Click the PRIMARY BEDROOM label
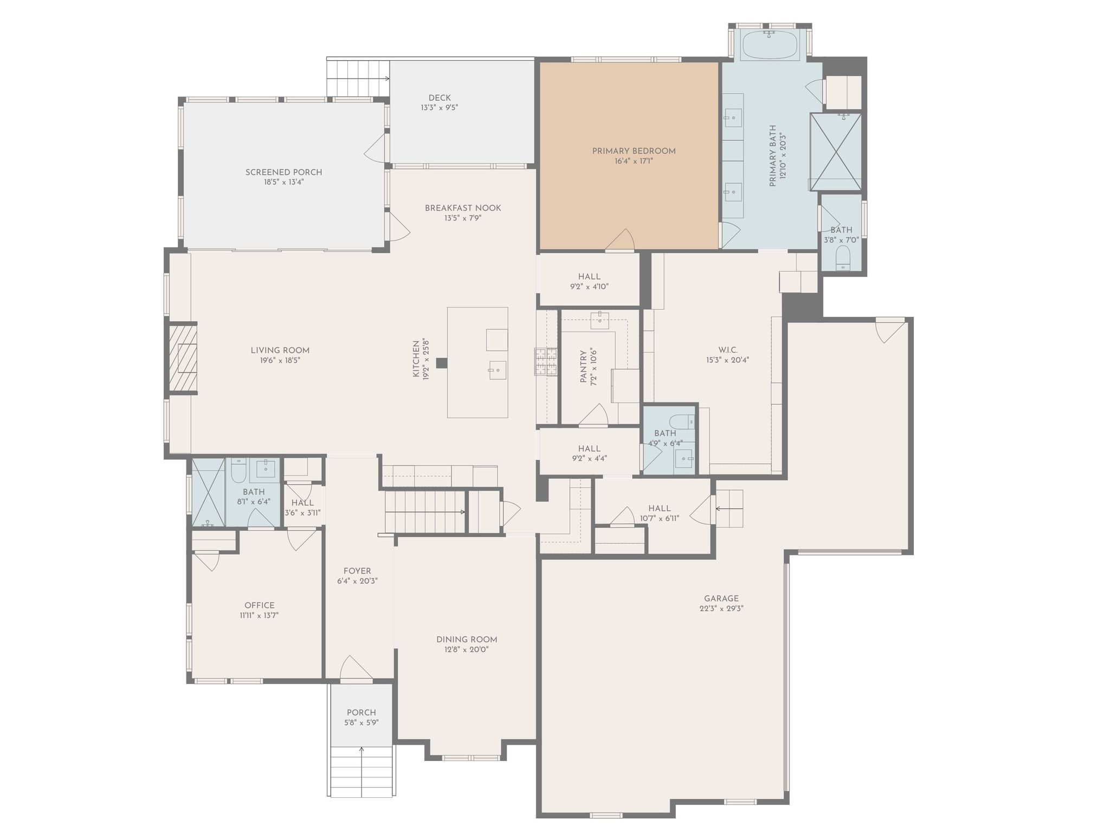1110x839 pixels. [x=634, y=151]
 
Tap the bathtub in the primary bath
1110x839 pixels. [x=770, y=45]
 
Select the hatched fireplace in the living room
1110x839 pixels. [x=183, y=357]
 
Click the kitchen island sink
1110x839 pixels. [x=498, y=370]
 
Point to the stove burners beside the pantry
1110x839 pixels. [x=546, y=361]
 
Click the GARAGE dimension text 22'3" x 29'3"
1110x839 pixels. [x=721, y=608]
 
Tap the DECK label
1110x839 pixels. [x=440, y=98]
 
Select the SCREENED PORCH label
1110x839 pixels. [x=283, y=172]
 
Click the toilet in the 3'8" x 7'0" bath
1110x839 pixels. [x=843, y=257]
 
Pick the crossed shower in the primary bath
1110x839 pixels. [x=836, y=152]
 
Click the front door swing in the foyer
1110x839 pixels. [x=356, y=667]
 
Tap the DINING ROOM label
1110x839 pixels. [x=467, y=640]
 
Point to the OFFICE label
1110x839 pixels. [x=260, y=606]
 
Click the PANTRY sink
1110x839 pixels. [x=599, y=320]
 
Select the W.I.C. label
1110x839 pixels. [x=727, y=350]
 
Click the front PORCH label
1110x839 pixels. [x=362, y=713]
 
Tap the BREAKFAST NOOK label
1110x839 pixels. [x=463, y=208]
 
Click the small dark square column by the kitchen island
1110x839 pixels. [x=442, y=363]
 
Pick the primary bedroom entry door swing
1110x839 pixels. [x=620, y=240]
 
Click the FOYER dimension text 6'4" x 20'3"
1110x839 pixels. [x=357, y=581]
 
